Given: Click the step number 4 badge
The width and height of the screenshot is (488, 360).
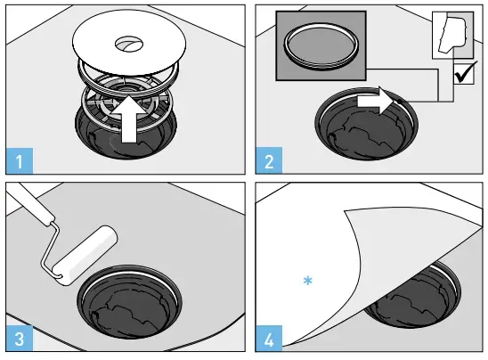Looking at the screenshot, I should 268,340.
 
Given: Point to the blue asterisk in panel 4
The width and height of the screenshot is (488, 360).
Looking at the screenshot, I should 307,281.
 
